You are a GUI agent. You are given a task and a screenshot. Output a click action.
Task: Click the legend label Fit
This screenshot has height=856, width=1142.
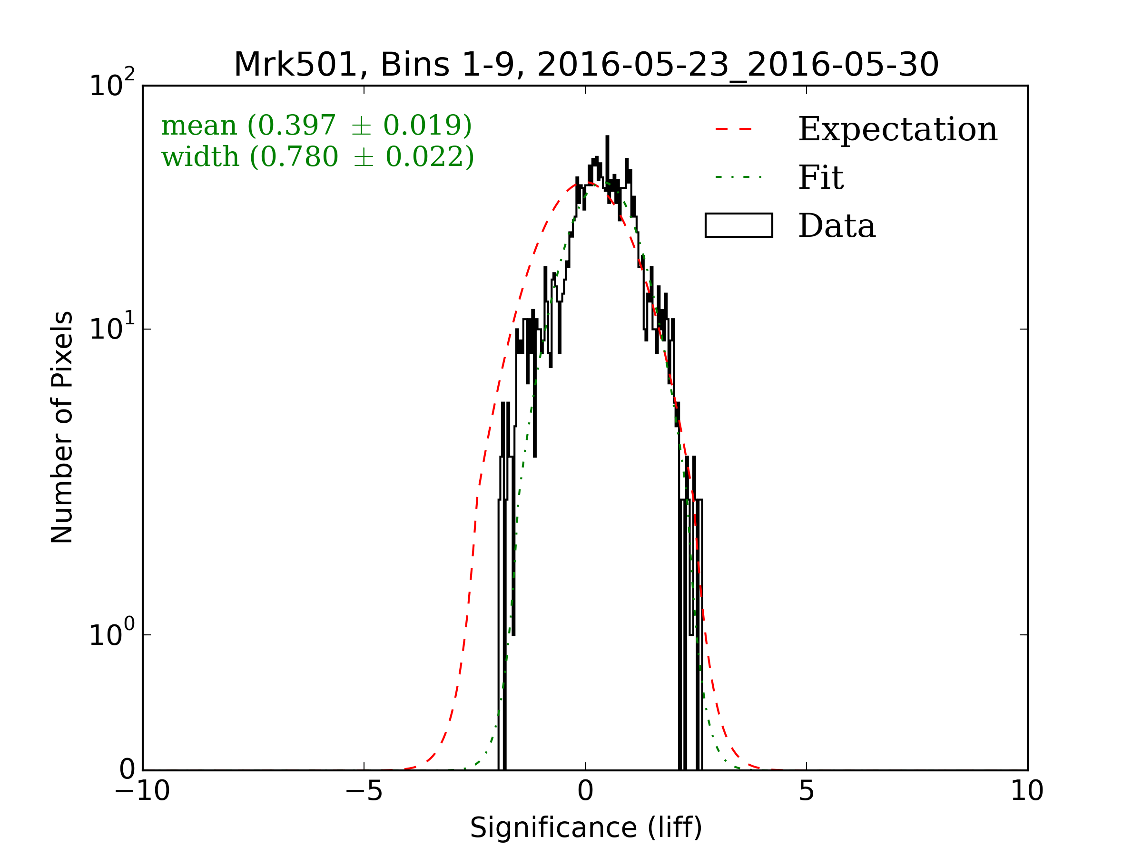821,177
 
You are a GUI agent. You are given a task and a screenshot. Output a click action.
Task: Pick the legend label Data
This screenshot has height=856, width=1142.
837,225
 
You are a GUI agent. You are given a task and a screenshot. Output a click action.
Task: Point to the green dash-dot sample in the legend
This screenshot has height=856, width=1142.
738,177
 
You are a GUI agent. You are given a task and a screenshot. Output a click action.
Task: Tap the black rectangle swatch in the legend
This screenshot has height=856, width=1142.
739,225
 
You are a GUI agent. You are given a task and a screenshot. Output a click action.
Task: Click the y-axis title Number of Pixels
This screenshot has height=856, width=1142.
62,427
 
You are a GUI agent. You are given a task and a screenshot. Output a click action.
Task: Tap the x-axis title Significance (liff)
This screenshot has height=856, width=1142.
586,827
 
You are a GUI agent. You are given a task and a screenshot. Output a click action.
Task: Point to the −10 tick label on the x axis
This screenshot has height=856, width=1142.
142,791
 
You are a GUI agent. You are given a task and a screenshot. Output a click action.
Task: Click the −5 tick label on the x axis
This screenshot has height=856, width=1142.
364,791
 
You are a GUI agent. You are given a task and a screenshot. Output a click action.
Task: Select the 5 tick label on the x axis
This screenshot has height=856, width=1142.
807,791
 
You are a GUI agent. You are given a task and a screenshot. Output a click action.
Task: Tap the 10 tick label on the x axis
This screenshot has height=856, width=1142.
1027,791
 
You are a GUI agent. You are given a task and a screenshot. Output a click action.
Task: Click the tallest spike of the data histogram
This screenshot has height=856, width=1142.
607,139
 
